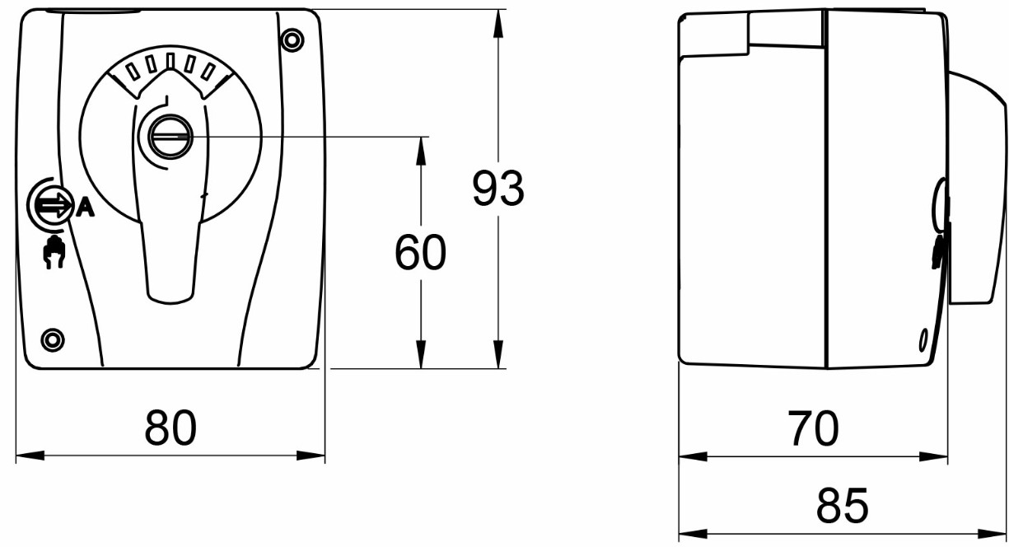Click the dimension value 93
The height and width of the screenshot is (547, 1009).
498,189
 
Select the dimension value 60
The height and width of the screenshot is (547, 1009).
420,252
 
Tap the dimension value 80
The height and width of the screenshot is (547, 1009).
171,428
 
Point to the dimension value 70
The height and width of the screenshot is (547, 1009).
814,428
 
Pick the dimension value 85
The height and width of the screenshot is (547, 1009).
842,505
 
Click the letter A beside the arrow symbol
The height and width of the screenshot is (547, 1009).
85,208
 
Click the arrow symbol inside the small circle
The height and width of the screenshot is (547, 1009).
54,205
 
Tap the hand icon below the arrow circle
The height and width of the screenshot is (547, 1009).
54,252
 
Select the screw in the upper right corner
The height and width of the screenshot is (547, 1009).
292,40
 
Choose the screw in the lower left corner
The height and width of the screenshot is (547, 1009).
53,339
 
